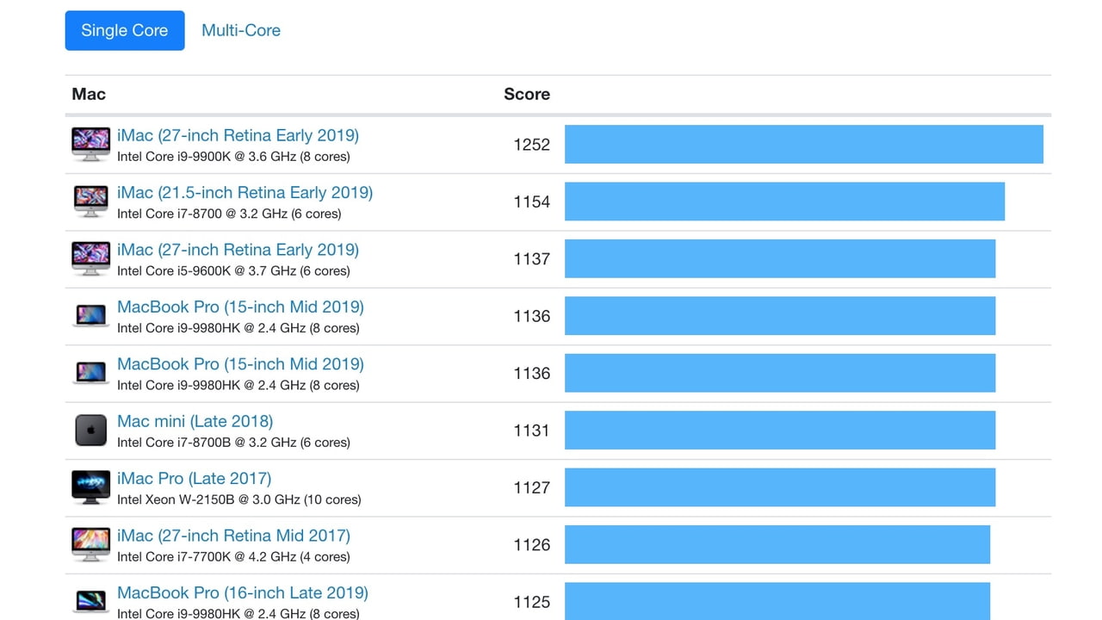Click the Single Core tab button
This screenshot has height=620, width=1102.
click(x=125, y=30)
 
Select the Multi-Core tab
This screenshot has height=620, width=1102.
click(x=241, y=30)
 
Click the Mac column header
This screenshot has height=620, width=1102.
click(x=89, y=94)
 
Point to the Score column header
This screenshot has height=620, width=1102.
click(x=526, y=94)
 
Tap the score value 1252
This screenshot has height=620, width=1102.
click(x=531, y=145)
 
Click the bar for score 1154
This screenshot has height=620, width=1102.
click(x=784, y=201)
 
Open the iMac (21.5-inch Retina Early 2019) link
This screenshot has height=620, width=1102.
click(x=245, y=193)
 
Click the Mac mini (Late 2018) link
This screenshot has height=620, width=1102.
click(x=195, y=421)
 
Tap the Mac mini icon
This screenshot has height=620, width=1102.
click(x=90, y=431)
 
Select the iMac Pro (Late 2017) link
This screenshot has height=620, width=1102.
click(x=194, y=479)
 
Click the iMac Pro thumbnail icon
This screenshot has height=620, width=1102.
click(x=90, y=487)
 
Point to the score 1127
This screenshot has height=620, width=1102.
click(x=531, y=487)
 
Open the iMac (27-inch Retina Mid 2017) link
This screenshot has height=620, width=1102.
click(x=233, y=536)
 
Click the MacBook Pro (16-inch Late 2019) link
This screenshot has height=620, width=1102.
click(x=242, y=592)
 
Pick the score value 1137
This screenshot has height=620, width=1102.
click(x=531, y=259)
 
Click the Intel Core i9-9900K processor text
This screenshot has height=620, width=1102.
click(x=233, y=157)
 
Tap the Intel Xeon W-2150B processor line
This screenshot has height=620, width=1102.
click(x=238, y=499)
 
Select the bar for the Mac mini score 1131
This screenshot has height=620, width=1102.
click(x=779, y=431)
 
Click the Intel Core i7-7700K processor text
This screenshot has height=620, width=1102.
click(x=233, y=556)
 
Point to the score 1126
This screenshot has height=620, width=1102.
click(x=531, y=544)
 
